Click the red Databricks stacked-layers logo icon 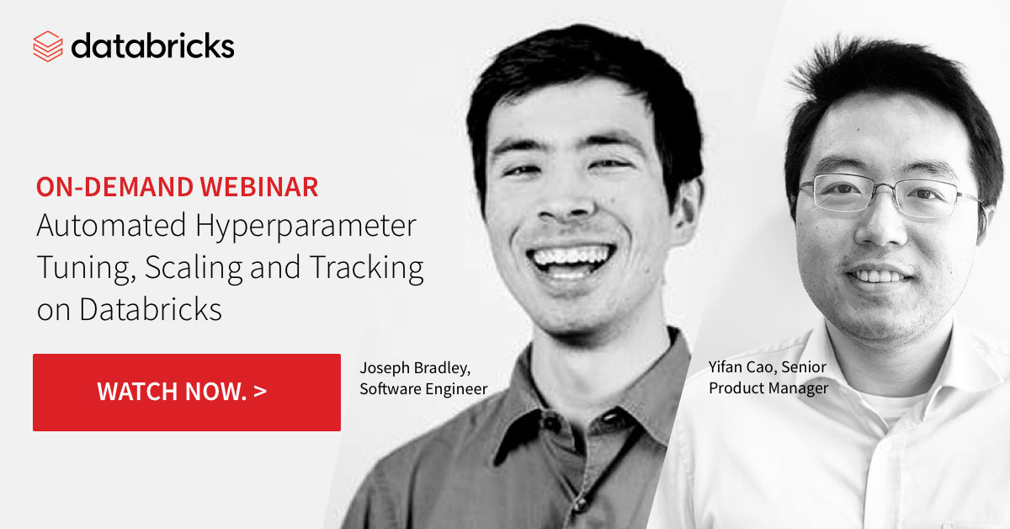(48, 45)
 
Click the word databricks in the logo (152, 45)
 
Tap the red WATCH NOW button (186, 392)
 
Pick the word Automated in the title (98, 227)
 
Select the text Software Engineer (423, 388)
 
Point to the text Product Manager (768, 387)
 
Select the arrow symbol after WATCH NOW (259, 392)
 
